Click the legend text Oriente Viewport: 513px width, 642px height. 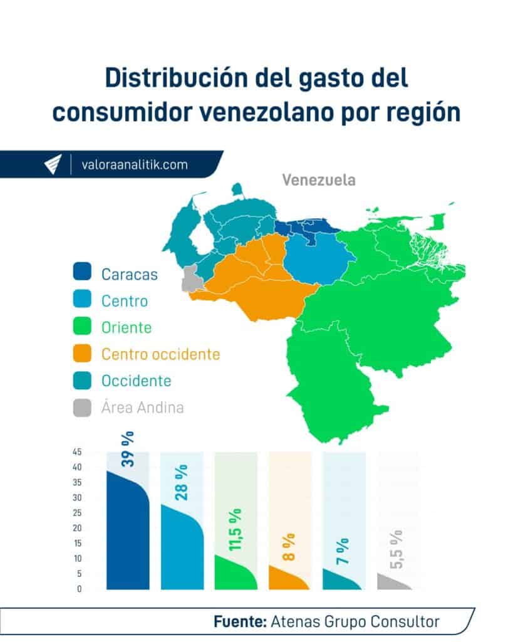[127, 327]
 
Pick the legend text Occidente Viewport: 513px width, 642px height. [136, 381]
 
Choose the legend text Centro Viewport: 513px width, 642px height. [125, 301]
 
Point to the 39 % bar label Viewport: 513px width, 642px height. [128, 449]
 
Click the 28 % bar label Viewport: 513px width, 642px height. [182, 482]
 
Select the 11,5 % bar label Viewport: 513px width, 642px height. [236, 530]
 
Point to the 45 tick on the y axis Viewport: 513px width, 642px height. [77, 452]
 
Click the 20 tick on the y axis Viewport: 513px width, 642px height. [77, 528]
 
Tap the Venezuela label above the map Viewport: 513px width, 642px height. [318, 181]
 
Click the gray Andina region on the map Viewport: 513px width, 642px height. [191, 278]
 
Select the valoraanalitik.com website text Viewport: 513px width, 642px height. [134, 165]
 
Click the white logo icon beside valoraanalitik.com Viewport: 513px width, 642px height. [53, 165]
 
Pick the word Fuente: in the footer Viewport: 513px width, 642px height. [240, 621]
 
